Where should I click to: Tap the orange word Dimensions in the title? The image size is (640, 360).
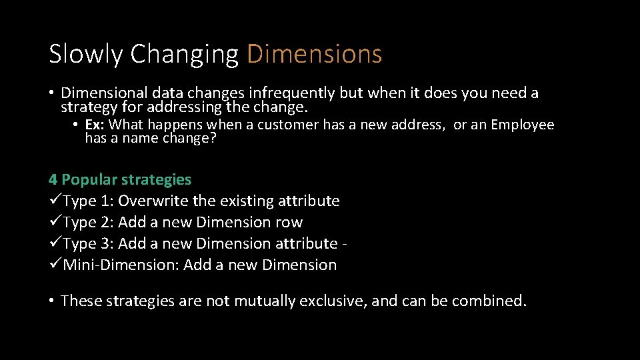pyautogui.click(x=315, y=54)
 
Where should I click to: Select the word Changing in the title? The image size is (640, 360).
pyautogui.click(x=185, y=54)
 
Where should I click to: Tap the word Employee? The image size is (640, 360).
pyautogui.click(x=523, y=125)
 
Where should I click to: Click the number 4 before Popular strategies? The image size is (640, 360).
pyautogui.click(x=53, y=179)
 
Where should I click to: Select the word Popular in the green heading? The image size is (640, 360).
pyautogui.click(x=89, y=179)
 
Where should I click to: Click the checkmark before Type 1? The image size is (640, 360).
pyautogui.click(x=55, y=201)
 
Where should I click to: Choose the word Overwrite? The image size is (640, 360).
pyautogui.click(x=153, y=201)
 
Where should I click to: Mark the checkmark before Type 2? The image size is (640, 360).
pyautogui.click(x=55, y=223)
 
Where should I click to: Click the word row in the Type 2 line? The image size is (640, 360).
pyautogui.click(x=289, y=222)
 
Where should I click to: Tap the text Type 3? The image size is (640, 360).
pyautogui.click(x=88, y=243)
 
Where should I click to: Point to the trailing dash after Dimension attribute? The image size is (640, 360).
pyautogui.click(x=344, y=244)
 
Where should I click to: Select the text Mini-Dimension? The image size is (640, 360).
pyautogui.click(x=121, y=265)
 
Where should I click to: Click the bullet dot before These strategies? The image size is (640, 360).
pyautogui.click(x=51, y=301)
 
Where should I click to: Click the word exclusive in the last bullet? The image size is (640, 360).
pyautogui.click(x=332, y=301)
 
